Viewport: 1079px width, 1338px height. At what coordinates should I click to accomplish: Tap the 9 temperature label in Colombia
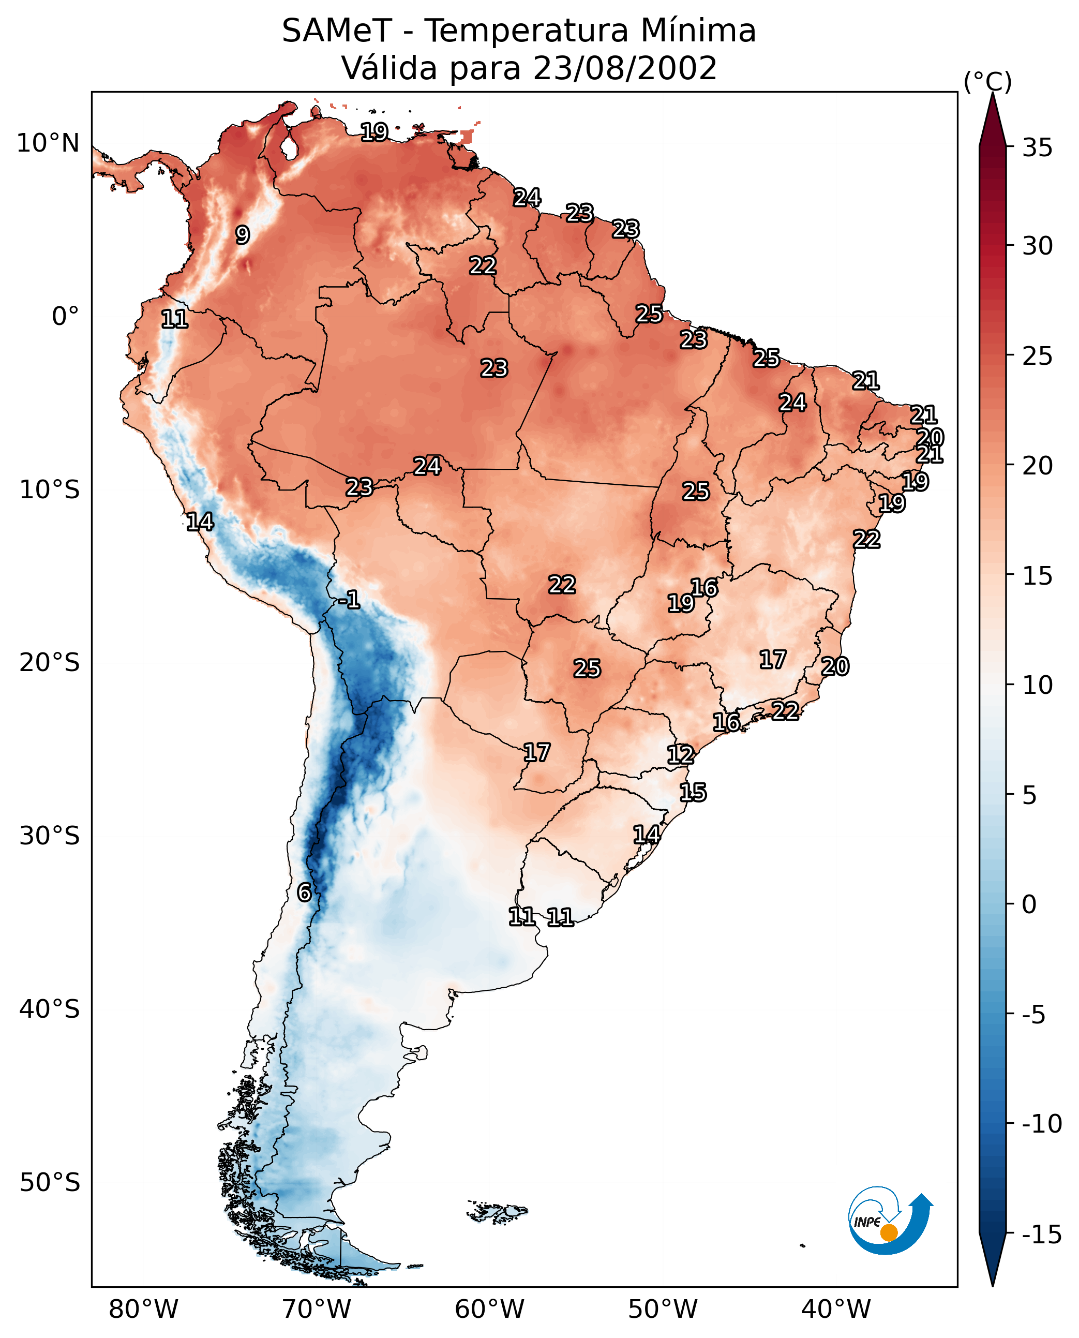243,235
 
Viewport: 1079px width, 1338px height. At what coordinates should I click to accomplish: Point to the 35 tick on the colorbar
1037,148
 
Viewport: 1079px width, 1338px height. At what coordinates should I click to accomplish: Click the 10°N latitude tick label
48,144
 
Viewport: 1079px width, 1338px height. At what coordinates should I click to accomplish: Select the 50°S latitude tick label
50,1182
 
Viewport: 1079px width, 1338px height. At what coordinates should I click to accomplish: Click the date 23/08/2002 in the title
625,68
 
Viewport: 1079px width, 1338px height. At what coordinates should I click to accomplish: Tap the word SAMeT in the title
337,31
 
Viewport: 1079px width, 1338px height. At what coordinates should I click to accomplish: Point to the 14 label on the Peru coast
200,522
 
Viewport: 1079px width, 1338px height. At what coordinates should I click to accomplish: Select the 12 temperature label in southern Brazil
681,755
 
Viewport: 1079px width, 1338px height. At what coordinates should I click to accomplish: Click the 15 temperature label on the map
693,793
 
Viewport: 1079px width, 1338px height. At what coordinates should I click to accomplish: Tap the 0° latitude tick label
65,317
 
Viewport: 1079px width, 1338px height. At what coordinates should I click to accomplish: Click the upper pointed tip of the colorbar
993,93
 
